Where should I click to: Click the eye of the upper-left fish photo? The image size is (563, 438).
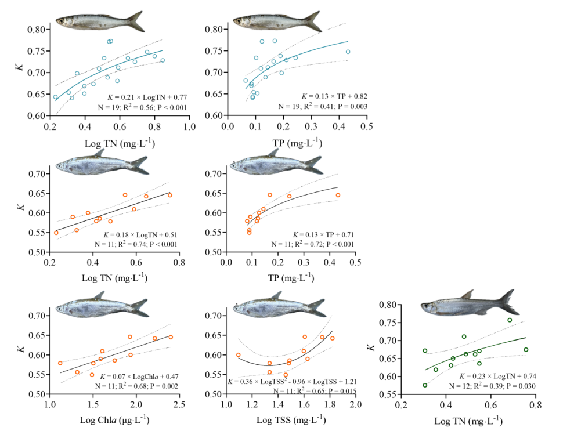61,21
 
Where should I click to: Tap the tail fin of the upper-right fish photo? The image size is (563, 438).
313,22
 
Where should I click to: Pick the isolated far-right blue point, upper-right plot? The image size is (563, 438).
348,52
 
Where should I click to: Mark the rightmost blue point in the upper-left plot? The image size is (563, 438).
163,60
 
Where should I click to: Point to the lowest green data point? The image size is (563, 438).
425,385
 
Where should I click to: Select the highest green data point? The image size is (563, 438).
510,320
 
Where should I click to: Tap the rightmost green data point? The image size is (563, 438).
526,350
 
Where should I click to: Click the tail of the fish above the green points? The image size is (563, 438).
510,302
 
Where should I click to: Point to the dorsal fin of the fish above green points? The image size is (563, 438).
468,294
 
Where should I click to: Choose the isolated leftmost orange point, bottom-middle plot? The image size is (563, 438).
238,354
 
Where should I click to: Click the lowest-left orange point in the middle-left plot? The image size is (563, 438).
56,233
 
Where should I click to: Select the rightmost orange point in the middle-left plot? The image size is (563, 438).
170,196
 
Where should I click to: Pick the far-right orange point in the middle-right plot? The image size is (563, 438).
338,195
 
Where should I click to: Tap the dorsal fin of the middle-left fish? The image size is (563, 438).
100,151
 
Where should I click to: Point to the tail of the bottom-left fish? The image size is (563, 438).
140,307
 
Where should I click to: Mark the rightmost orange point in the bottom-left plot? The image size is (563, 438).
171,337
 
